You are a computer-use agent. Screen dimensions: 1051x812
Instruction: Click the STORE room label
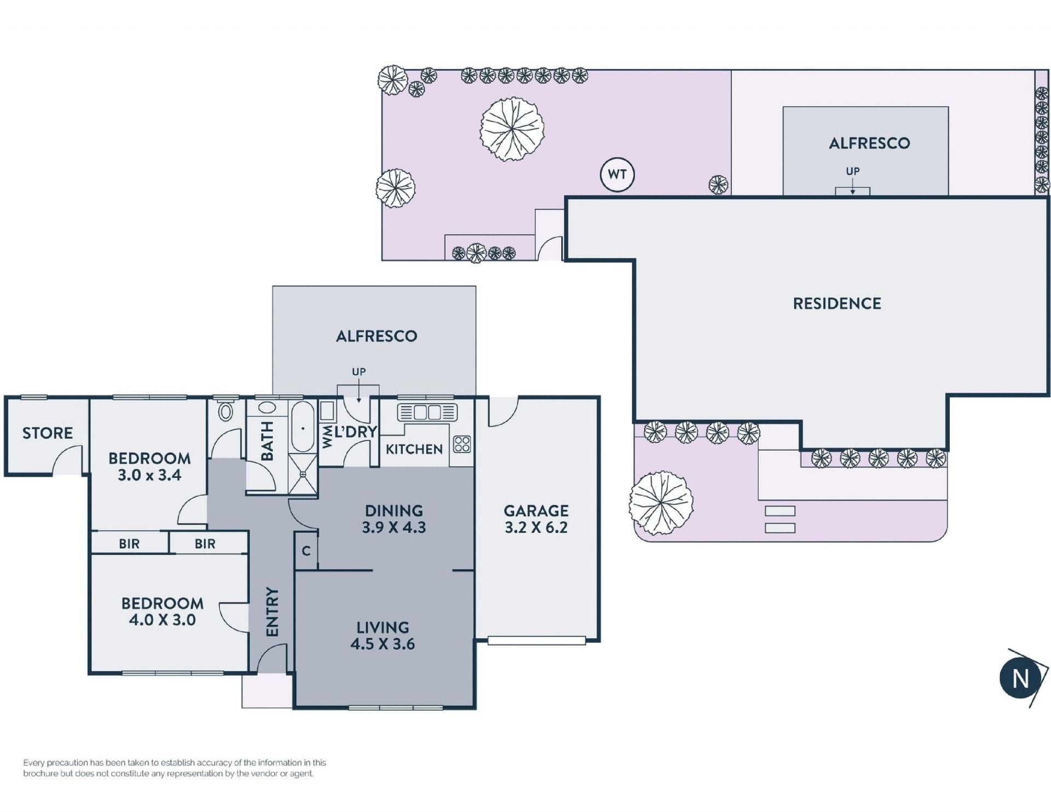48,433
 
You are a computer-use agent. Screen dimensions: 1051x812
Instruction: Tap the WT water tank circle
617,175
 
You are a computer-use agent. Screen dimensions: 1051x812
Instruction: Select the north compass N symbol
1020,679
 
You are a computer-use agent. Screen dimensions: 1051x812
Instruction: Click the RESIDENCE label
837,303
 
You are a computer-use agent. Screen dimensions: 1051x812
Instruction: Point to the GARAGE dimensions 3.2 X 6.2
536,527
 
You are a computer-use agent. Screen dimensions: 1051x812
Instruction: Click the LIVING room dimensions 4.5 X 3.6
383,644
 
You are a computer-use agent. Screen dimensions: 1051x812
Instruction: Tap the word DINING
394,511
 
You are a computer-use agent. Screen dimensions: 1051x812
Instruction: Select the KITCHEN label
414,450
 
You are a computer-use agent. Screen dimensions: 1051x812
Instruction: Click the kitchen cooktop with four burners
462,444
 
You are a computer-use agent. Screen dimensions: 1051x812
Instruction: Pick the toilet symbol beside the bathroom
226,410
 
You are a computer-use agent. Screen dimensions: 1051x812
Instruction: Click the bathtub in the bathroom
303,427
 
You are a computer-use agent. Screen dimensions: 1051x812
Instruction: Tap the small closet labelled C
306,551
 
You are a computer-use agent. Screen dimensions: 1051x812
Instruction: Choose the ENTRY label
272,612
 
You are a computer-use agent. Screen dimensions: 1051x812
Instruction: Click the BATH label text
267,441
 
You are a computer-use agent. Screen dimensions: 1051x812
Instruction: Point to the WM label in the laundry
327,437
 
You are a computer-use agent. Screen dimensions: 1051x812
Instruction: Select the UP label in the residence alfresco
853,171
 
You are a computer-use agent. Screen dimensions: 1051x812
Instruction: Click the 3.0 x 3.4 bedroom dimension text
149,475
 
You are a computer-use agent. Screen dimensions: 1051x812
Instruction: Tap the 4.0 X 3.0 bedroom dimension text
162,620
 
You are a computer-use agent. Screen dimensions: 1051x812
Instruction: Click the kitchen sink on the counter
428,412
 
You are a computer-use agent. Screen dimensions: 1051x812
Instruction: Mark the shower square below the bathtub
303,474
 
